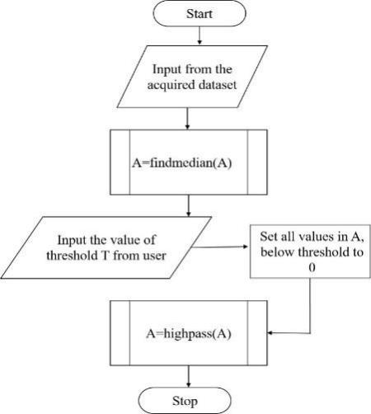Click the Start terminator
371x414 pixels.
(x=200, y=13)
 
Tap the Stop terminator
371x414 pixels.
(x=185, y=401)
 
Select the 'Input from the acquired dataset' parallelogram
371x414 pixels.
(x=192, y=77)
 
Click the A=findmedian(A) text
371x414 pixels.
(x=181, y=163)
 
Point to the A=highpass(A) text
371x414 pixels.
(x=189, y=334)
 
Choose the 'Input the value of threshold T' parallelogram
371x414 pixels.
(x=106, y=247)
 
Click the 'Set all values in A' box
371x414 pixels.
(x=310, y=252)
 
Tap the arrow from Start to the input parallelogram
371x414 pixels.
(x=200, y=35)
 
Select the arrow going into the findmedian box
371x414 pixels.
(x=187, y=119)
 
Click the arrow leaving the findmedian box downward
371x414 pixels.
(x=189, y=205)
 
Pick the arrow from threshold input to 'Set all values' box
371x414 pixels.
(x=219, y=247)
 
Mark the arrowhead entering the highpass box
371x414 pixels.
(x=270, y=333)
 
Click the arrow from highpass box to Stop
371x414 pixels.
(x=189, y=376)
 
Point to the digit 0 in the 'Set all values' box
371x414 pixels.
(x=312, y=267)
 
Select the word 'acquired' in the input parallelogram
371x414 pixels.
(x=171, y=85)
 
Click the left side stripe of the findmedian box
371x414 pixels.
(x=120, y=162)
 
